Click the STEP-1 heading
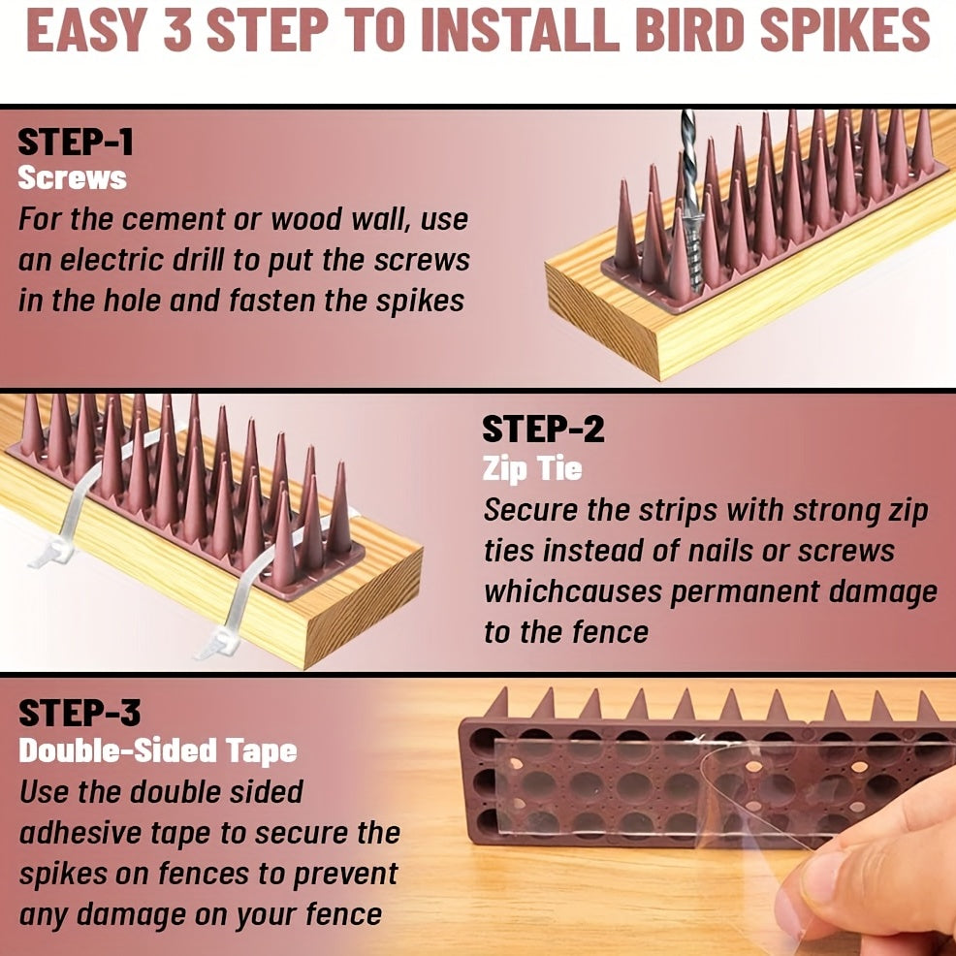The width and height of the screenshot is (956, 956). (x=75, y=143)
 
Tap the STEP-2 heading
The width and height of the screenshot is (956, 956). (x=543, y=430)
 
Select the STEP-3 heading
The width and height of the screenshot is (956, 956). (x=80, y=714)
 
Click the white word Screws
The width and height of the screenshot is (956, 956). (x=72, y=178)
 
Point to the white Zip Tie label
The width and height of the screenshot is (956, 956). (x=532, y=469)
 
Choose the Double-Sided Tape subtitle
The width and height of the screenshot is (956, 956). (x=158, y=751)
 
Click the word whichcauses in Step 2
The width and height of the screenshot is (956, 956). (x=572, y=591)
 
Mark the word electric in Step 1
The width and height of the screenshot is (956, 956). (x=112, y=261)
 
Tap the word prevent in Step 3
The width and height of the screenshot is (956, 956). (x=346, y=876)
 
